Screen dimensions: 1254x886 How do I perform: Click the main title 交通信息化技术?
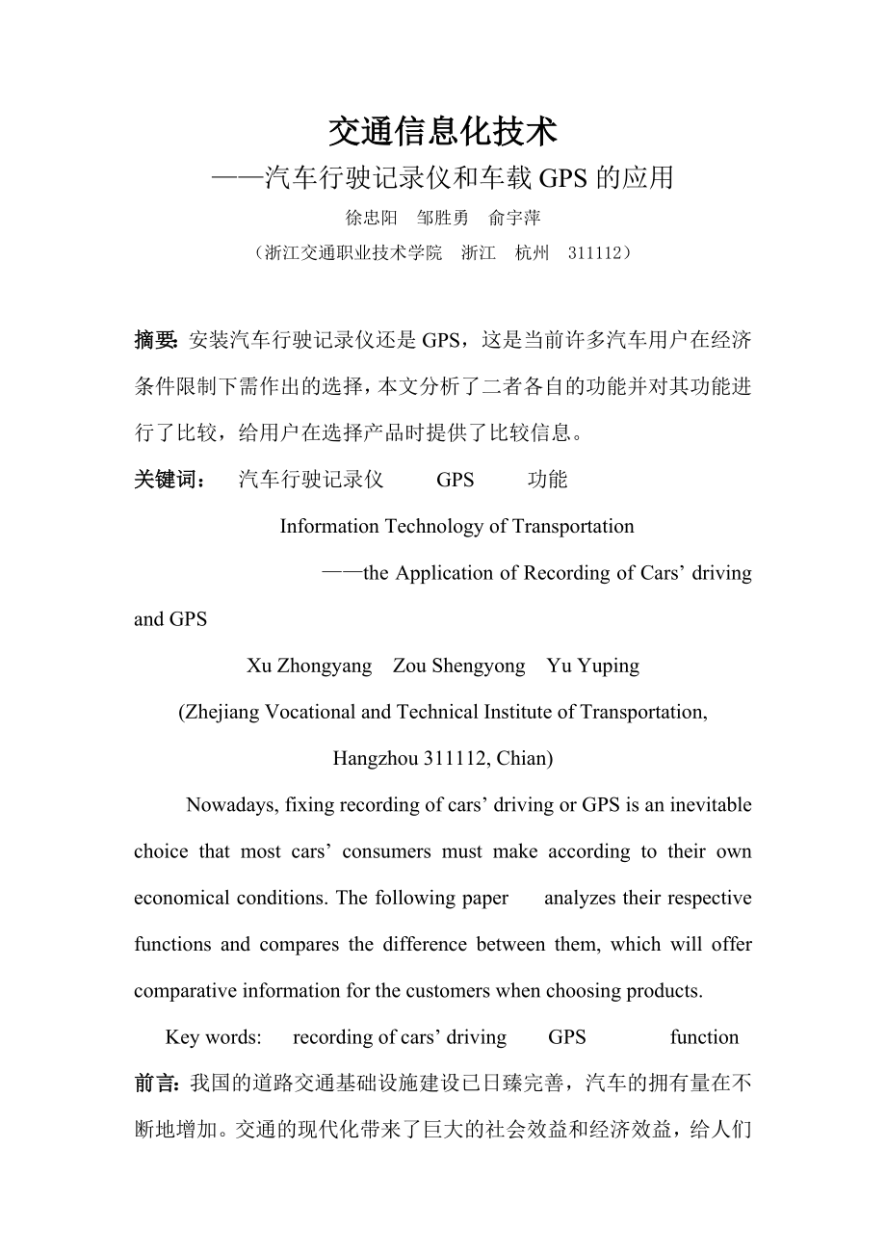[443, 132]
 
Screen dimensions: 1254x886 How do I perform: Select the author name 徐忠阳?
[371, 219]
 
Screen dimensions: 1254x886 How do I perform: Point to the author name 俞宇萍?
[515, 219]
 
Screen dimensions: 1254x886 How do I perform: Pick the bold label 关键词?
[168, 480]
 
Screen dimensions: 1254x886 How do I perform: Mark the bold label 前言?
[154, 1084]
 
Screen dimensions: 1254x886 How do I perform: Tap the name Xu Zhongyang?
[309, 666]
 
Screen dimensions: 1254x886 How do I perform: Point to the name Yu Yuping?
[592, 666]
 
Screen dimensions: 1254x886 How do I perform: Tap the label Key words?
[213, 1037]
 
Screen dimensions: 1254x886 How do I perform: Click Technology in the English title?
[434, 527]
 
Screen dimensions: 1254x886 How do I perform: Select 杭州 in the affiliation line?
[532, 253]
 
